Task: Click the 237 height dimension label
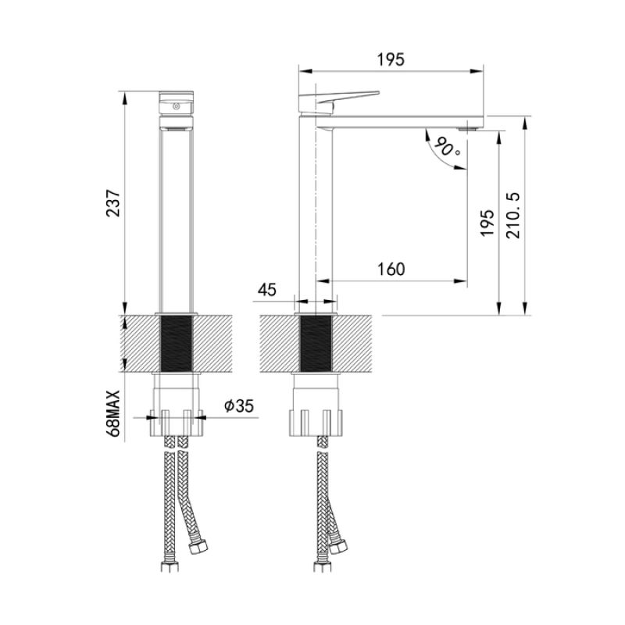[114, 204]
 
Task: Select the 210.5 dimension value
[514, 214]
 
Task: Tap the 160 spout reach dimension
[391, 270]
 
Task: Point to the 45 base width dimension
[267, 290]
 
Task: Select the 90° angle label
[447, 146]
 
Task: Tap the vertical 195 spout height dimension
[487, 223]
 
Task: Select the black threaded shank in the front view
[177, 344]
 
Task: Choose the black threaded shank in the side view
[316, 344]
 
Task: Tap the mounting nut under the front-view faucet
[177, 419]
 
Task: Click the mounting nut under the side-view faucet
[316, 419]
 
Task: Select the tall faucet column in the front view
[177, 219]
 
